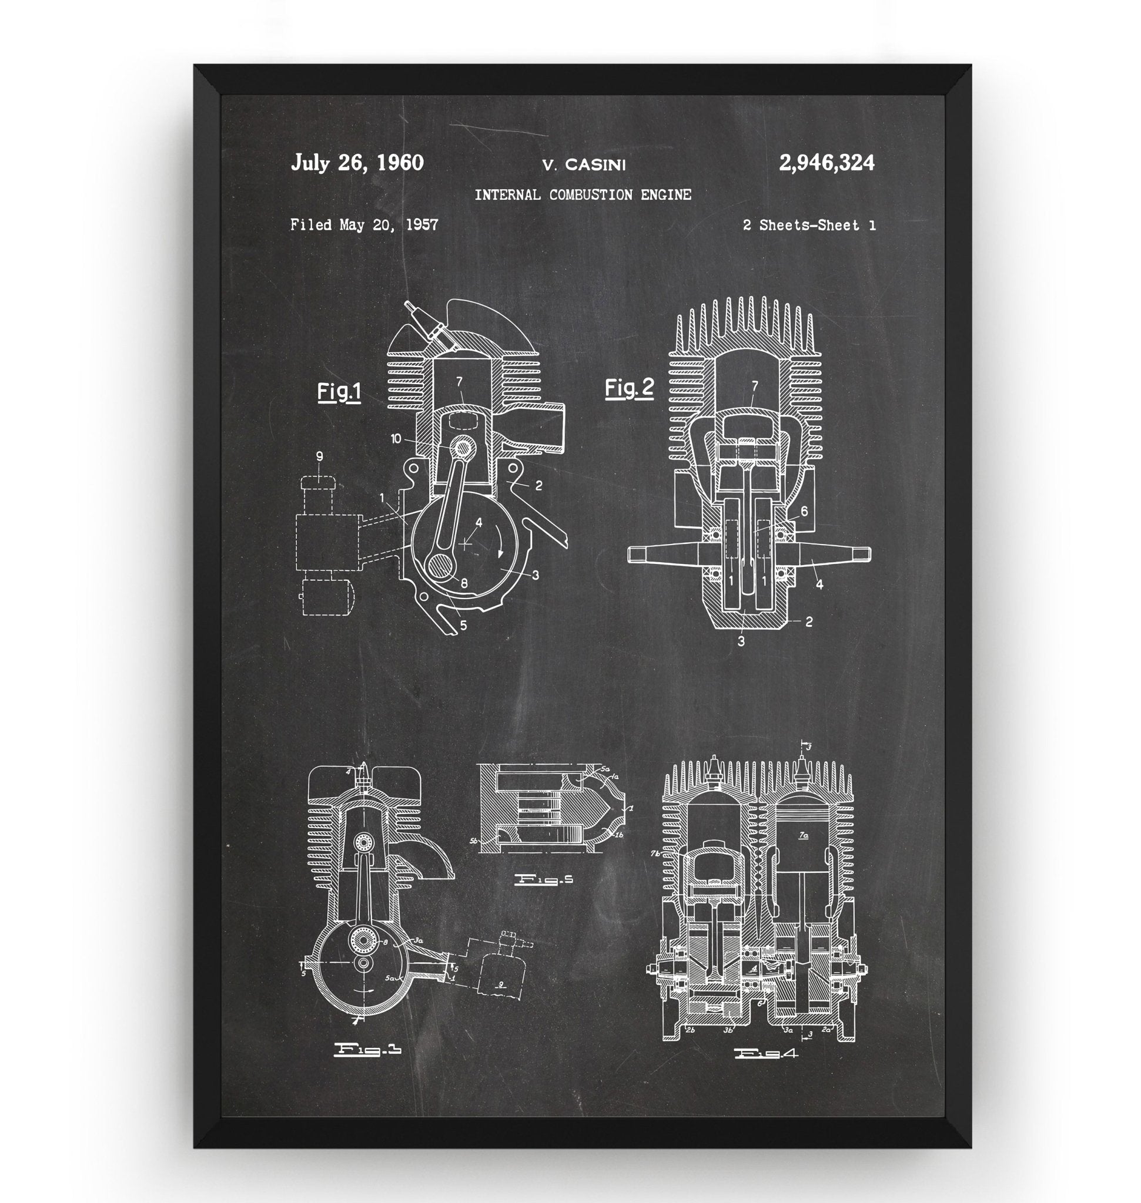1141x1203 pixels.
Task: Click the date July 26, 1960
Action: point(357,163)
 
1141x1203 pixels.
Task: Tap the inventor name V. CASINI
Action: point(583,164)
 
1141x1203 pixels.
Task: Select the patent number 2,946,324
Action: point(827,163)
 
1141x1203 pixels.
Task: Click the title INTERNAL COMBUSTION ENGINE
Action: point(583,195)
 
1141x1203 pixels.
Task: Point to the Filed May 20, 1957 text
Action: point(364,225)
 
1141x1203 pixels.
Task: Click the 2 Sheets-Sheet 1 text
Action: point(809,226)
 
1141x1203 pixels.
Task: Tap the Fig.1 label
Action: point(339,392)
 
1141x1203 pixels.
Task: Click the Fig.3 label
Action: point(368,1050)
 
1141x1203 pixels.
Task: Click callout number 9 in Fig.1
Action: point(319,456)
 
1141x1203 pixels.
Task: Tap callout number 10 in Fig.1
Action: point(396,438)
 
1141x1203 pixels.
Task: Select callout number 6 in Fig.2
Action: point(804,511)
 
